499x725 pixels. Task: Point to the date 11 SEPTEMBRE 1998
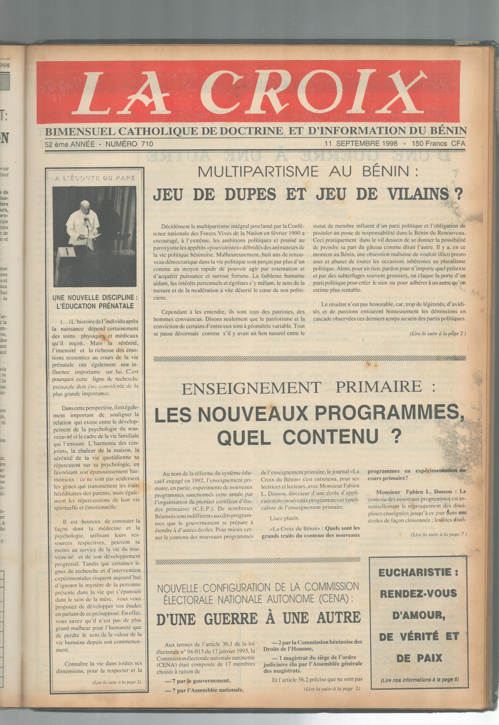coord(361,144)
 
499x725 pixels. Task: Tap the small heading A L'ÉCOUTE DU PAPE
coord(95,178)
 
